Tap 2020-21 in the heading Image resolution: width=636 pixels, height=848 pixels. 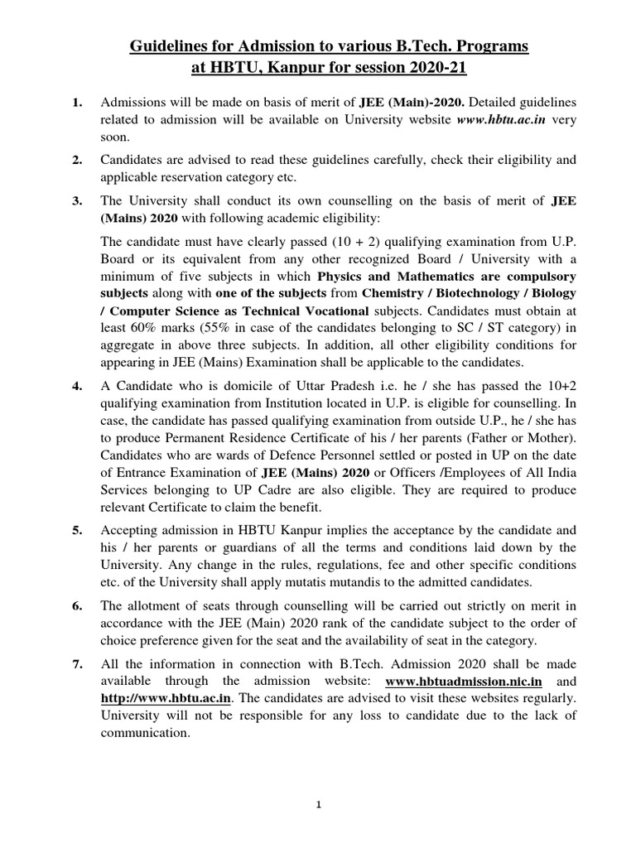(x=417, y=68)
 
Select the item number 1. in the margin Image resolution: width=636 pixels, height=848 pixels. (x=77, y=103)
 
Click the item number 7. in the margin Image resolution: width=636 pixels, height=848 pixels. (x=77, y=664)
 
